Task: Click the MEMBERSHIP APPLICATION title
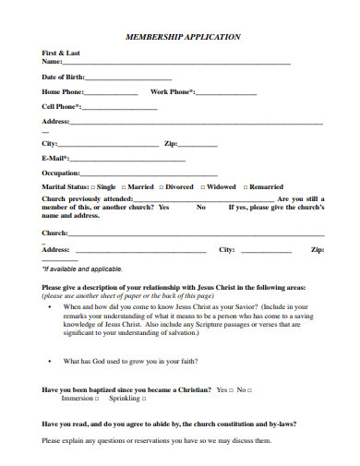pyautogui.click(x=183, y=37)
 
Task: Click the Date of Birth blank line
pyautogui.click(x=128, y=78)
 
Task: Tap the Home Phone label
pyautogui.click(x=63, y=92)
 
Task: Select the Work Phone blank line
pyautogui.click(x=226, y=94)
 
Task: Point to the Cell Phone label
pyautogui.click(x=61, y=107)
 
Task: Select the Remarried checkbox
pyautogui.click(x=245, y=187)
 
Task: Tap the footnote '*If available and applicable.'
pyautogui.click(x=82, y=269)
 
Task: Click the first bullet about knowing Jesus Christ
pyautogui.click(x=49, y=305)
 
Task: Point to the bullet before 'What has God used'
pyautogui.click(x=49, y=361)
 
